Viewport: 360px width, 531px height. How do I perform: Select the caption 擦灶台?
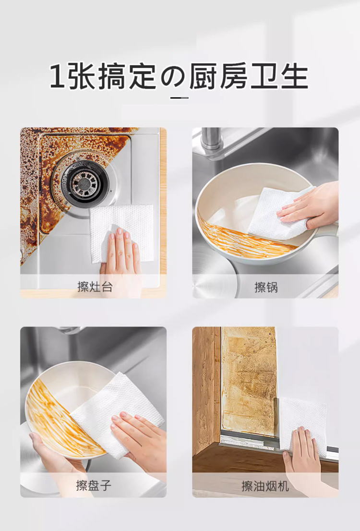(95, 287)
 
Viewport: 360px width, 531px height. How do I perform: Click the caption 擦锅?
(266, 287)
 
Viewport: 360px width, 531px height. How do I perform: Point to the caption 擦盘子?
(94, 485)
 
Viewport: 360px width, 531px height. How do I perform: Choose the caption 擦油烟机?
(265, 486)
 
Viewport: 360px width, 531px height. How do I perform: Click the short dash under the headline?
(180, 98)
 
